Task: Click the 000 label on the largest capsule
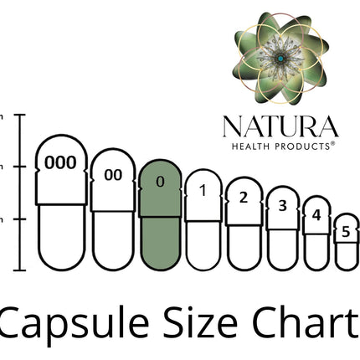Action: pyautogui.click(x=60, y=162)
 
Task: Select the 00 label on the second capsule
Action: pyautogui.click(x=113, y=175)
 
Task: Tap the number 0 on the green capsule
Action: pyautogui.click(x=160, y=182)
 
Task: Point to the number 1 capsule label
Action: pyautogui.click(x=203, y=191)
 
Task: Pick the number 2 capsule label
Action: pyautogui.click(x=244, y=198)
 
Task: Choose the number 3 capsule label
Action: pyautogui.click(x=283, y=206)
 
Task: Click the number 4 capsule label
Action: pyautogui.click(x=316, y=215)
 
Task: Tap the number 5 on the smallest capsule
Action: pyautogui.click(x=346, y=232)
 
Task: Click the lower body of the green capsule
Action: pyautogui.click(x=161, y=244)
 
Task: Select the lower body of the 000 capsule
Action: pyautogui.click(x=62, y=238)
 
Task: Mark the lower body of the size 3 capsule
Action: pyautogui.click(x=283, y=249)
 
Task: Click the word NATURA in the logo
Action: pyautogui.click(x=280, y=126)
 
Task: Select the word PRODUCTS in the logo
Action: pyautogui.click(x=302, y=147)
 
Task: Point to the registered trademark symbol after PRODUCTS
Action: pyautogui.click(x=332, y=144)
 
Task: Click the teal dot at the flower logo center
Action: pyautogui.click(x=280, y=59)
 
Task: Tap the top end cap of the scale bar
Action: pyautogui.click(x=19, y=115)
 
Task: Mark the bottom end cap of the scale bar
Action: pyautogui.click(x=19, y=270)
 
